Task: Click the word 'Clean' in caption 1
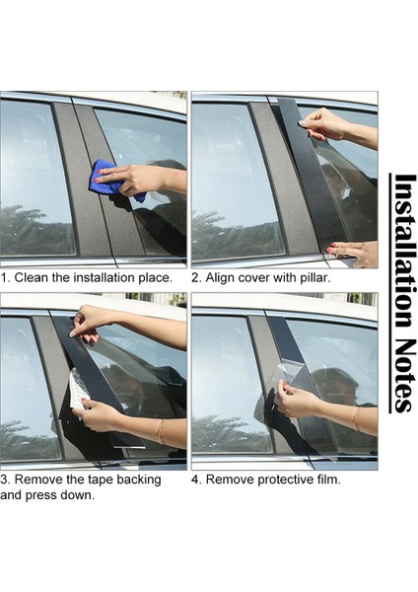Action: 34,277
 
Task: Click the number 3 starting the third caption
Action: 4,480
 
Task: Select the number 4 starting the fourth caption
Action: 195,480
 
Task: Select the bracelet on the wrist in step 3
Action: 160,430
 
